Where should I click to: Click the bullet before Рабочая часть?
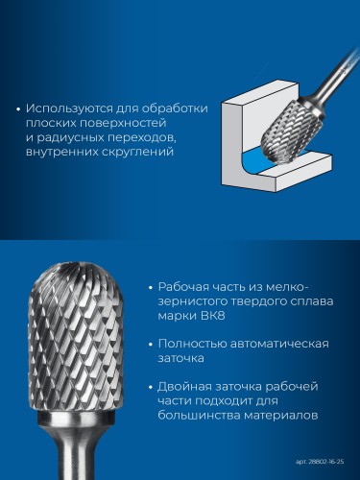click(151, 287)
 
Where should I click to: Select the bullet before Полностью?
click(151, 344)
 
